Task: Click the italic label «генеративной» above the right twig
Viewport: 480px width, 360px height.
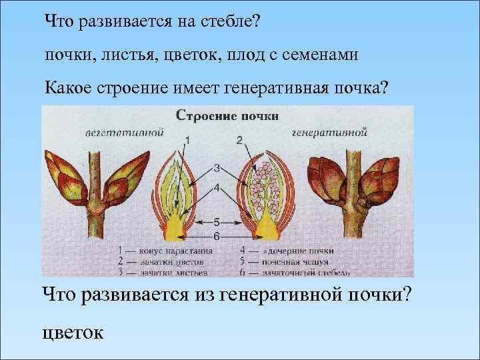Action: point(331,132)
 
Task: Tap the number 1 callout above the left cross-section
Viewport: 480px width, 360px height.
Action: point(187,140)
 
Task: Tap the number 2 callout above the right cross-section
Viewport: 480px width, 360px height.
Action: point(239,140)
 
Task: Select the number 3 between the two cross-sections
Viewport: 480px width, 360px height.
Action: point(217,167)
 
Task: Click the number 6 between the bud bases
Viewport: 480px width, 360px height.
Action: point(217,235)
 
